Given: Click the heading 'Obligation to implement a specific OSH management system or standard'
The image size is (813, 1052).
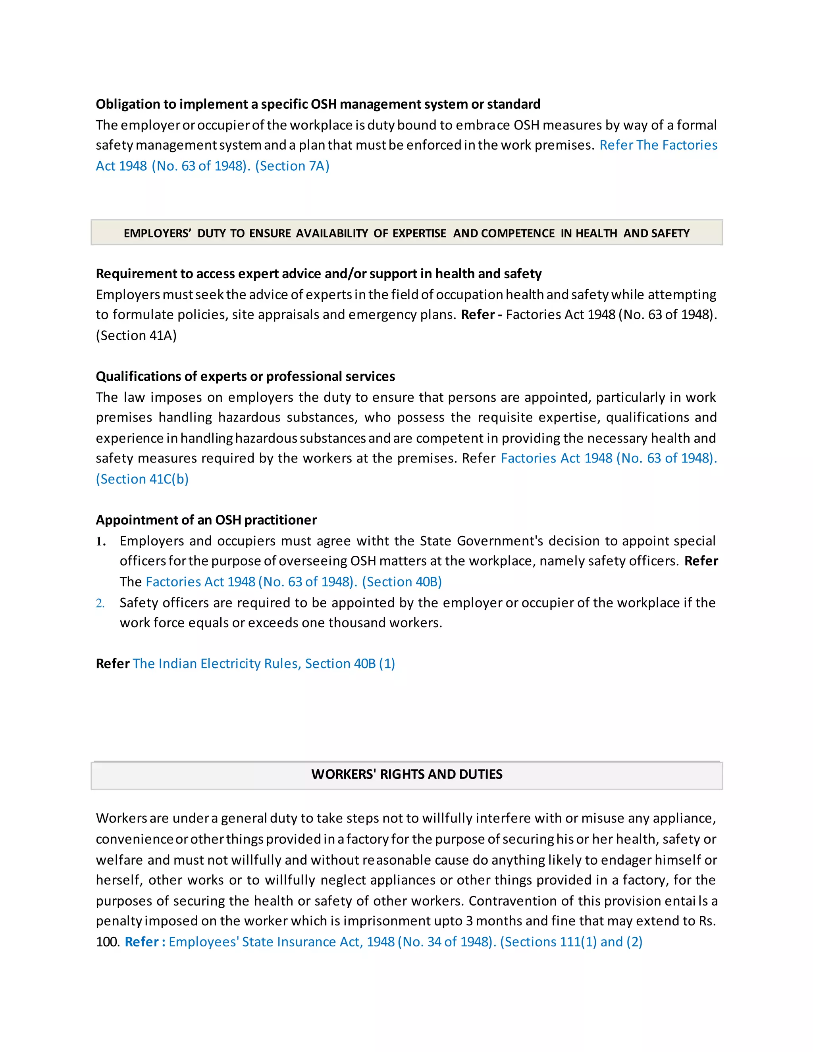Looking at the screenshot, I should coord(318,104).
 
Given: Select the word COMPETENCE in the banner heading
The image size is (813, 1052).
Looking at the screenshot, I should coord(518,233).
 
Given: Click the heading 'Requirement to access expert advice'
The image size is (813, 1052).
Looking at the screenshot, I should coord(318,274).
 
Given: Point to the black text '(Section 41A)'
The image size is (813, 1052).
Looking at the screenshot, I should coord(136,335).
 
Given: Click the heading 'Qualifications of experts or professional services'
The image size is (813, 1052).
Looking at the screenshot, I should coord(245,376).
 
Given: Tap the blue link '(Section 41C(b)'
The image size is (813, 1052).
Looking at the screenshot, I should coord(142,479).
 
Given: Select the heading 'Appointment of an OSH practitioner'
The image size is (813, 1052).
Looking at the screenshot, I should coord(206,520).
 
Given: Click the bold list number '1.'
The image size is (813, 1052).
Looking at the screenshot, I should coord(101,541).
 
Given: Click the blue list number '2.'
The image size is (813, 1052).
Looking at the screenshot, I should coord(100,603).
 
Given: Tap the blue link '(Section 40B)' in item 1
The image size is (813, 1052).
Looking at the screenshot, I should coord(402,582).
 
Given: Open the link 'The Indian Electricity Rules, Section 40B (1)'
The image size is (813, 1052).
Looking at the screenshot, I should coord(264,664).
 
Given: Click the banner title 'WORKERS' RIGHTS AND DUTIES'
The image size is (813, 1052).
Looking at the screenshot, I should coord(406,774).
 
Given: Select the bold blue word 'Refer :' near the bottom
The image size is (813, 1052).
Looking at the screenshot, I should coord(144,942).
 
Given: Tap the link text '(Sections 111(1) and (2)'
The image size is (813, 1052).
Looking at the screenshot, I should coord(571,942).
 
